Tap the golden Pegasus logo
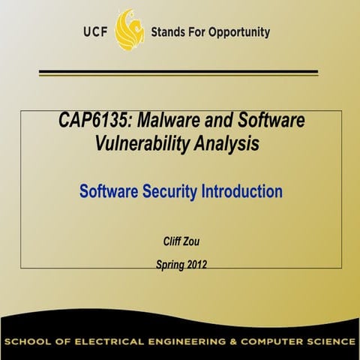[x=130, y=30]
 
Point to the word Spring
[x=169, y=265]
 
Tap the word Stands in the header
[x=169, y=32]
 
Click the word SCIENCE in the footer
[x=332, y=341]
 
